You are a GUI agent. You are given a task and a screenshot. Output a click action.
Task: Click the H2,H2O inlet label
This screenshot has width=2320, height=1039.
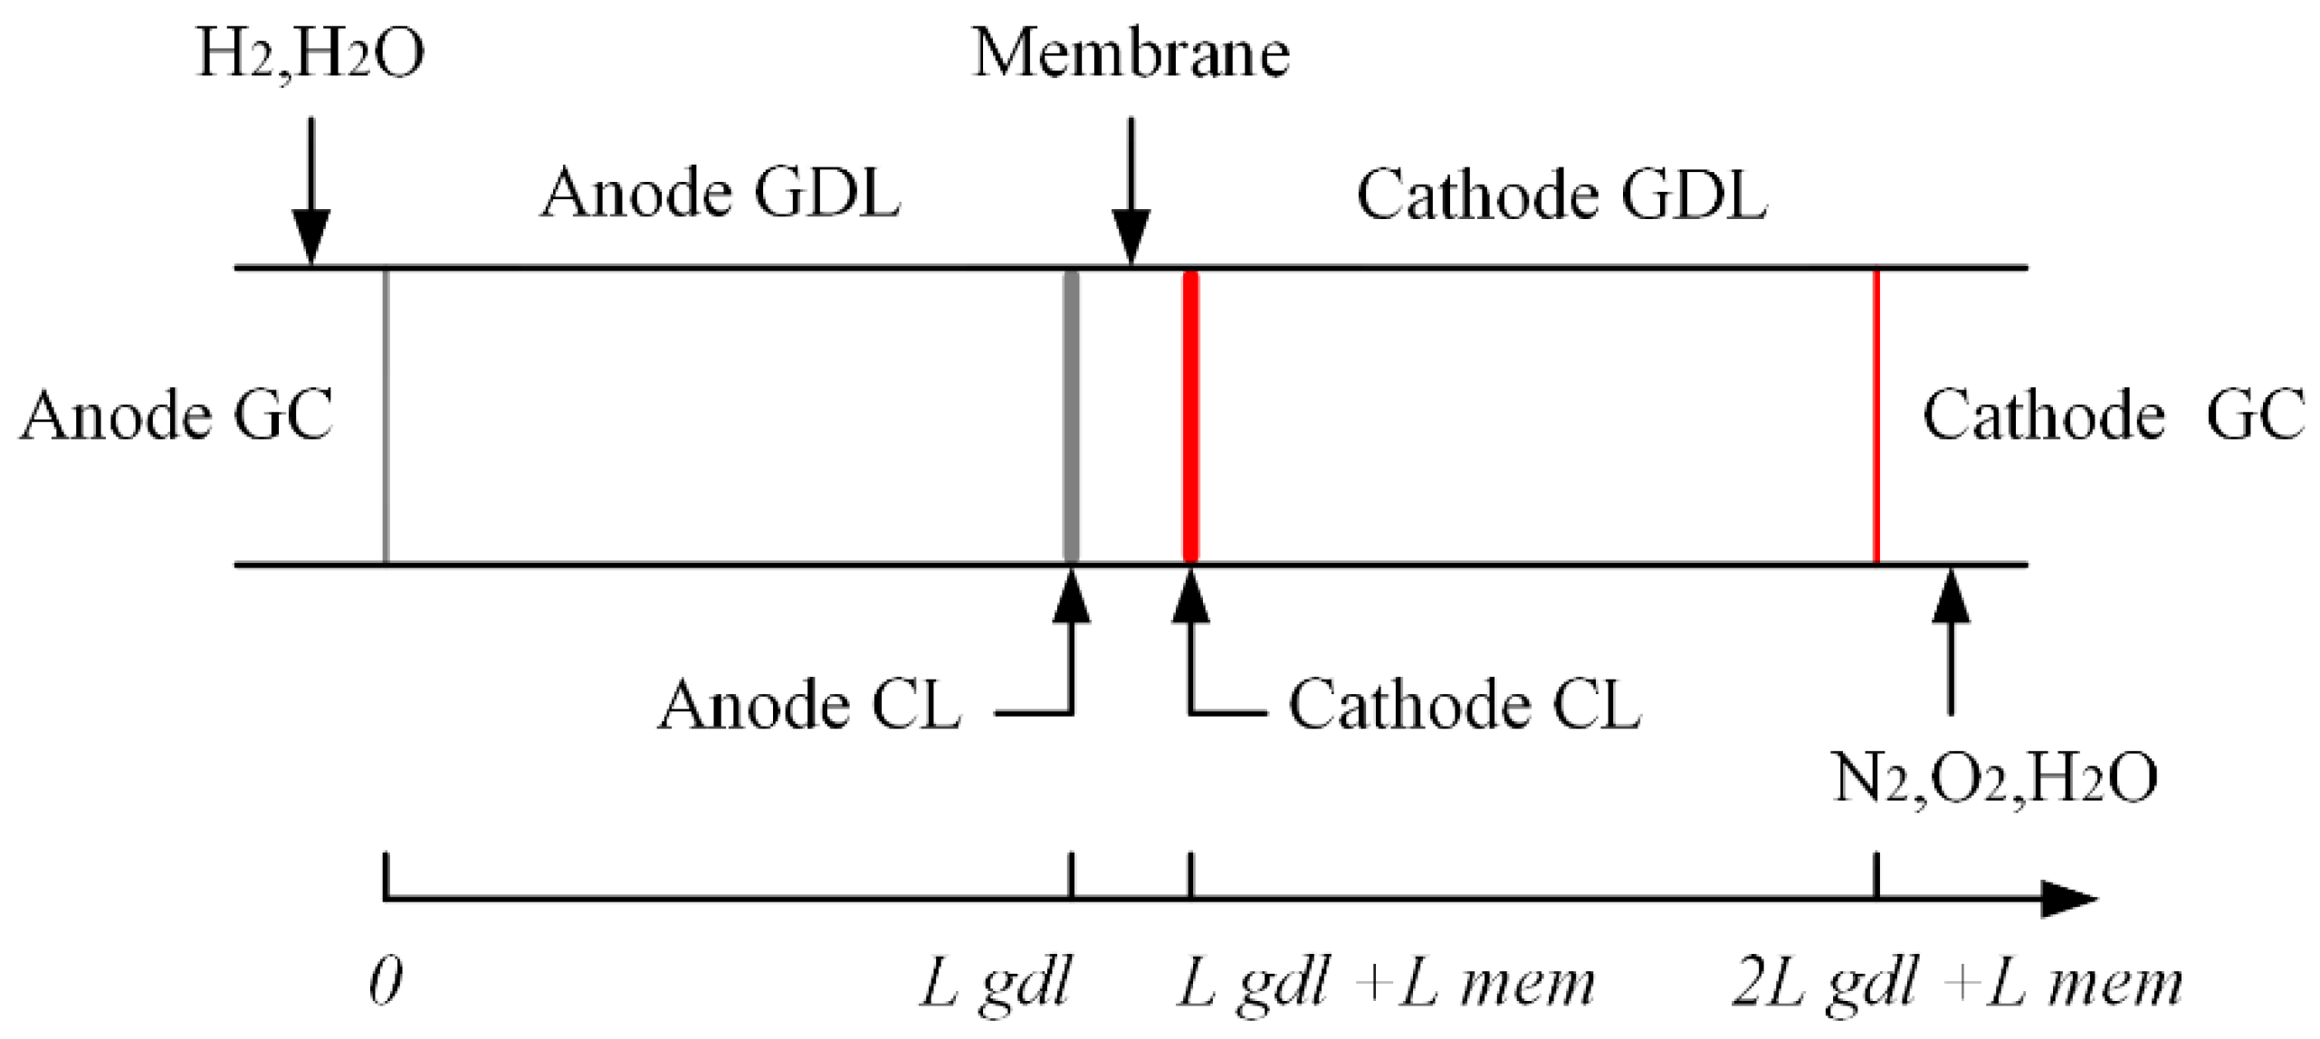(310, 54)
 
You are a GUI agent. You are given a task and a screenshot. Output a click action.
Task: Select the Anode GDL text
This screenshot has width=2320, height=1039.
(721, 193)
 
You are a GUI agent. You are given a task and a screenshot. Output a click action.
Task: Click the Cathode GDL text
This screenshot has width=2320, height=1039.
(1561, 195)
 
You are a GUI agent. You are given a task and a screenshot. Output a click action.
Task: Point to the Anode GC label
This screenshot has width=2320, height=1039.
(177, 415)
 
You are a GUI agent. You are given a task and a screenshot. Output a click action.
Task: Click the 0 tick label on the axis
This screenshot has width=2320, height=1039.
(386, 982)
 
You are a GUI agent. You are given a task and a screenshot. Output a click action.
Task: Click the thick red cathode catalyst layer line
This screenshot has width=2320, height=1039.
(1191, 416)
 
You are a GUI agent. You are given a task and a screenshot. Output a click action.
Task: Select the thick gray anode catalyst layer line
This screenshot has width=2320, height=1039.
(1071, 416)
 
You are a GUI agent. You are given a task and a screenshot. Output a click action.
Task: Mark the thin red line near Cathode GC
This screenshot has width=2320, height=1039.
(1876, 416)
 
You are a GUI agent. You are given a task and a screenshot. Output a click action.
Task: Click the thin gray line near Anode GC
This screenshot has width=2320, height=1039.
(387, 416)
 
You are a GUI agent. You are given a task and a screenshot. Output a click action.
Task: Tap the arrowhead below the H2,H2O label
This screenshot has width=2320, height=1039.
(311, 237)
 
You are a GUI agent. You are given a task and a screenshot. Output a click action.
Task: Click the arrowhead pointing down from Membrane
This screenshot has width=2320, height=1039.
(1131, 237)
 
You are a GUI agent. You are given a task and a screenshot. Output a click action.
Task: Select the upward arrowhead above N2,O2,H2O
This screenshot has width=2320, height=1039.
(1952, 596)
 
